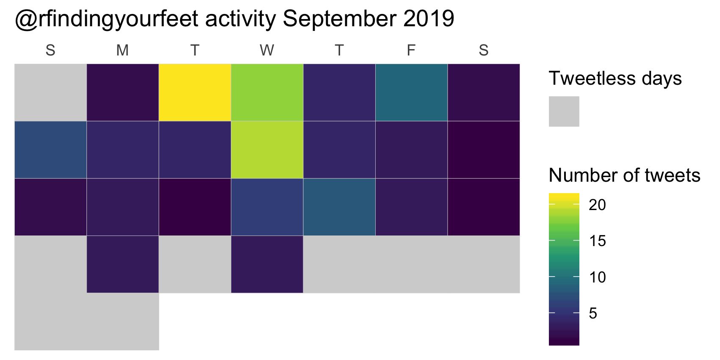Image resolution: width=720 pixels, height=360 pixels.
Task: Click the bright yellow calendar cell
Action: [195, 93]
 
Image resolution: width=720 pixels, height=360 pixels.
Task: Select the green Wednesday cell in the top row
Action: [267, 93]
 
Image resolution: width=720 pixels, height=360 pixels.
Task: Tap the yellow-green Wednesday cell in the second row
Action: [267, 150]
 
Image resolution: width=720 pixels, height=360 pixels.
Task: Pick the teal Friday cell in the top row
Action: [411, 93]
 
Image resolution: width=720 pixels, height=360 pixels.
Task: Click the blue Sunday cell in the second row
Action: [50, 150]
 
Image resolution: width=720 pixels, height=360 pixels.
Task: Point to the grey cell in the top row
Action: [50, 93]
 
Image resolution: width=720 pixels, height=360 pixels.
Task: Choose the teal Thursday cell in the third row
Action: [339, 207]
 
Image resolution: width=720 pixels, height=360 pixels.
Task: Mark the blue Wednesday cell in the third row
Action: [267, 207]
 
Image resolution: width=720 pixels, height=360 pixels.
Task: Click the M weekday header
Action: [122, 50]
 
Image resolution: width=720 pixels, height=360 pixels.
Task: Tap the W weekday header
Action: [267, 50]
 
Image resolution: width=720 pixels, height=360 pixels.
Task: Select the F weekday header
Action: [411, 50]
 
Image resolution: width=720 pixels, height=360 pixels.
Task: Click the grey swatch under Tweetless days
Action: [564, 111]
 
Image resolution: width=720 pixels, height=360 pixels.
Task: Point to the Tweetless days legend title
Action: [615, 78]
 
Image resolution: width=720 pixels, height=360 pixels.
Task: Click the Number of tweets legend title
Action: [625, 175]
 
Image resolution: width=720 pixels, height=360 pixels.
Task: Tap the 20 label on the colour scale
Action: [597, 205]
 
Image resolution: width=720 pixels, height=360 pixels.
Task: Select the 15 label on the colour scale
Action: [597, 241]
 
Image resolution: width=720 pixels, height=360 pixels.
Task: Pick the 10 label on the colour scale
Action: [597, 277]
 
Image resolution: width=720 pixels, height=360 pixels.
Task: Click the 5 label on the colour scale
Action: [593, 313]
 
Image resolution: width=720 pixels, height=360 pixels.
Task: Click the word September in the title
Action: [339, 19]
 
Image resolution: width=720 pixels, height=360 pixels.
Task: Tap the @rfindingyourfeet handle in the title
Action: [106, 19]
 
